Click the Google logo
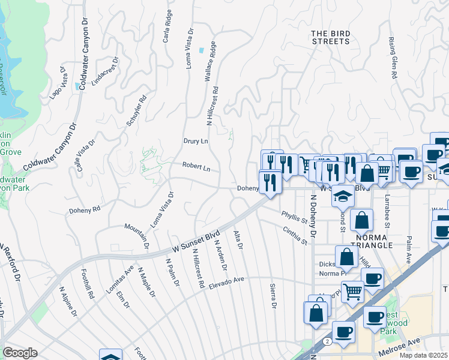pos(20,353)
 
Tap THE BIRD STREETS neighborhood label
pos(331,37)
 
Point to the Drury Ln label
pos(195,141)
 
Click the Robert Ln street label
pos(196,169)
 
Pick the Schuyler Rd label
pos(137,111)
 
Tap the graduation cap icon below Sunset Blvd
pos(343,196)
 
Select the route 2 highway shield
pos(326,340)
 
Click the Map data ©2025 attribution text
pos(424,355)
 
